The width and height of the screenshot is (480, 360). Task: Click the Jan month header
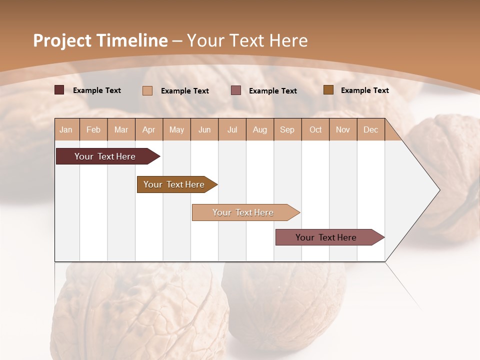point(66,129)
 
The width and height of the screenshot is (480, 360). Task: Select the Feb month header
point(93,129)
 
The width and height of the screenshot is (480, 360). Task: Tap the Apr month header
point(149,129)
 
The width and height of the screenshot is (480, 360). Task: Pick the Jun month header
point(204,129)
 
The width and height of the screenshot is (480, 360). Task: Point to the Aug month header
point(260,129)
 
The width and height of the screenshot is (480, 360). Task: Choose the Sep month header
point(287,129)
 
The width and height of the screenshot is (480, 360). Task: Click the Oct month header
point(315,129)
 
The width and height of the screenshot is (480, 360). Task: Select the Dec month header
point(371,129)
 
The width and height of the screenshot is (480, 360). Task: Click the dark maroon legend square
point(59,90)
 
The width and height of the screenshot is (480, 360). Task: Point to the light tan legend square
point(147,90)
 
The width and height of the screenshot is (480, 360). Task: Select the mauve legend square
point(236,90)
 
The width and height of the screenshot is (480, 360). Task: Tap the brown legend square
point(328,90)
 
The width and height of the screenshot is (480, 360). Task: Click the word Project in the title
point(62,40)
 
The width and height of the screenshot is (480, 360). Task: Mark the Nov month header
point(343,129)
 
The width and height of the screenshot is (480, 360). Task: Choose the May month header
point(176,129)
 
